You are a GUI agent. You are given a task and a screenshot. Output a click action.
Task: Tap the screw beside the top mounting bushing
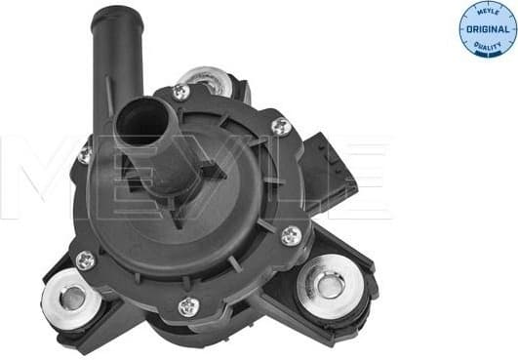coord(179,92)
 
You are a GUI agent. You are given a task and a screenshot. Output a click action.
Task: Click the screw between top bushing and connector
coord(281,126)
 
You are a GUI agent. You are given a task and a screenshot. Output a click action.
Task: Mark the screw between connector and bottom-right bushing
coord(291,235)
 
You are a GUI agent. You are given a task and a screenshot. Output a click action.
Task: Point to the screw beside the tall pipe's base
coord(85,154)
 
